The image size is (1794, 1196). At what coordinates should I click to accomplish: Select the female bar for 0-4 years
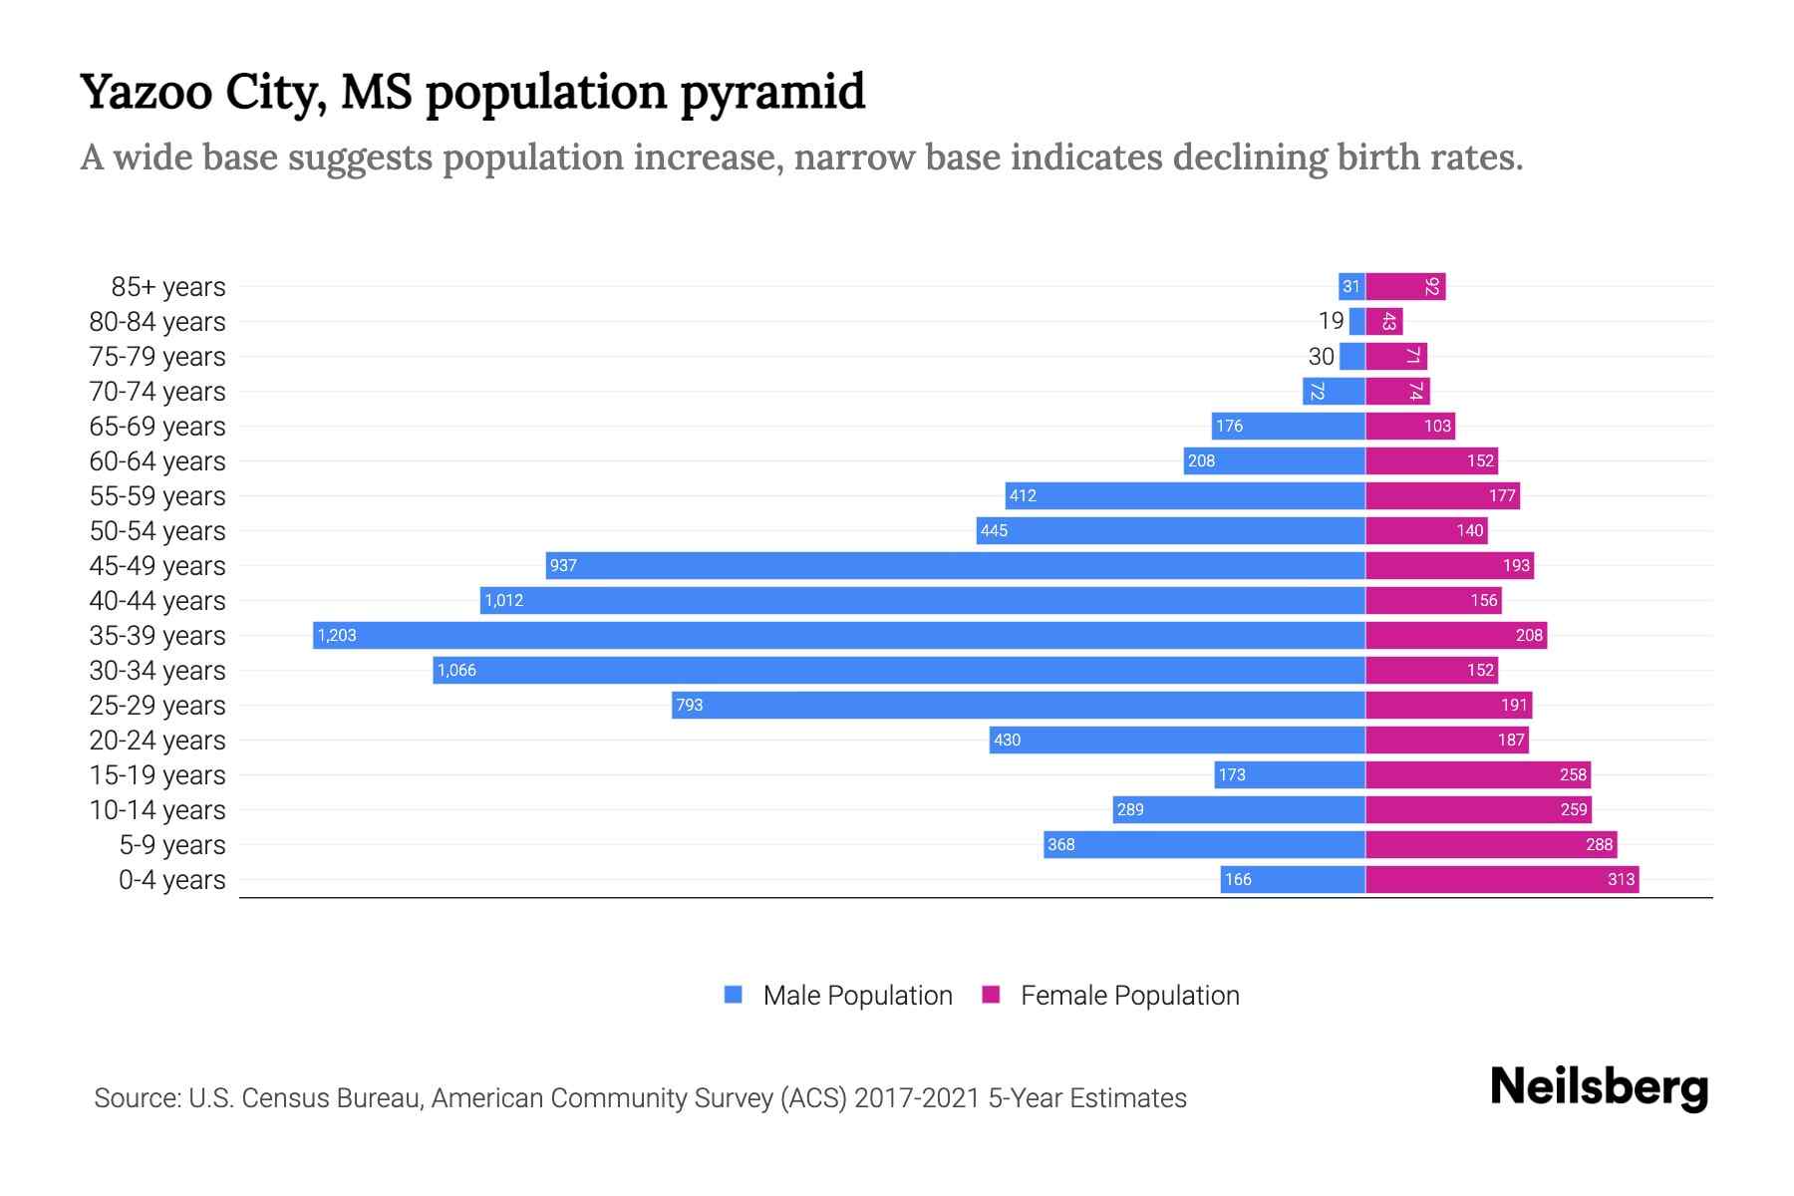1501,879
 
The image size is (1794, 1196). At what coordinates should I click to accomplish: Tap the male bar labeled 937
955,565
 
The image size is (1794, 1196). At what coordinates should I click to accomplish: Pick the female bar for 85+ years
1405,286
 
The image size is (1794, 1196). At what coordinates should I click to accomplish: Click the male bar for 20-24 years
1176,740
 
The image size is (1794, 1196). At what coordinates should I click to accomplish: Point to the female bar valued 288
1490,844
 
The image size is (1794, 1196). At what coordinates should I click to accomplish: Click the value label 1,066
456,670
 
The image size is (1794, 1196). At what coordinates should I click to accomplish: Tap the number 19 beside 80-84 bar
1331,321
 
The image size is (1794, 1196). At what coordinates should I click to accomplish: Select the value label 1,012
503,600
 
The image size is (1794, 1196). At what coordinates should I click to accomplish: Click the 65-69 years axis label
157,427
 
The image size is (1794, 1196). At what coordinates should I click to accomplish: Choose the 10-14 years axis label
157,810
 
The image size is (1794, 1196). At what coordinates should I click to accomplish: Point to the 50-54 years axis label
157,531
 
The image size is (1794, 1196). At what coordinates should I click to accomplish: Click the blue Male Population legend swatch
734,995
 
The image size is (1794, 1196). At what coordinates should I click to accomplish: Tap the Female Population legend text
1129,996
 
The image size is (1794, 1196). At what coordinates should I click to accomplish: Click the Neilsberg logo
1599,1087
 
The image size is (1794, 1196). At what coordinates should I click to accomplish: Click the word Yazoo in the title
146,93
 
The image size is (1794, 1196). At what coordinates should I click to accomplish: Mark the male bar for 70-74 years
1334,391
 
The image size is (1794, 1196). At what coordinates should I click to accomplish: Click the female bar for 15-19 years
1477,774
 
